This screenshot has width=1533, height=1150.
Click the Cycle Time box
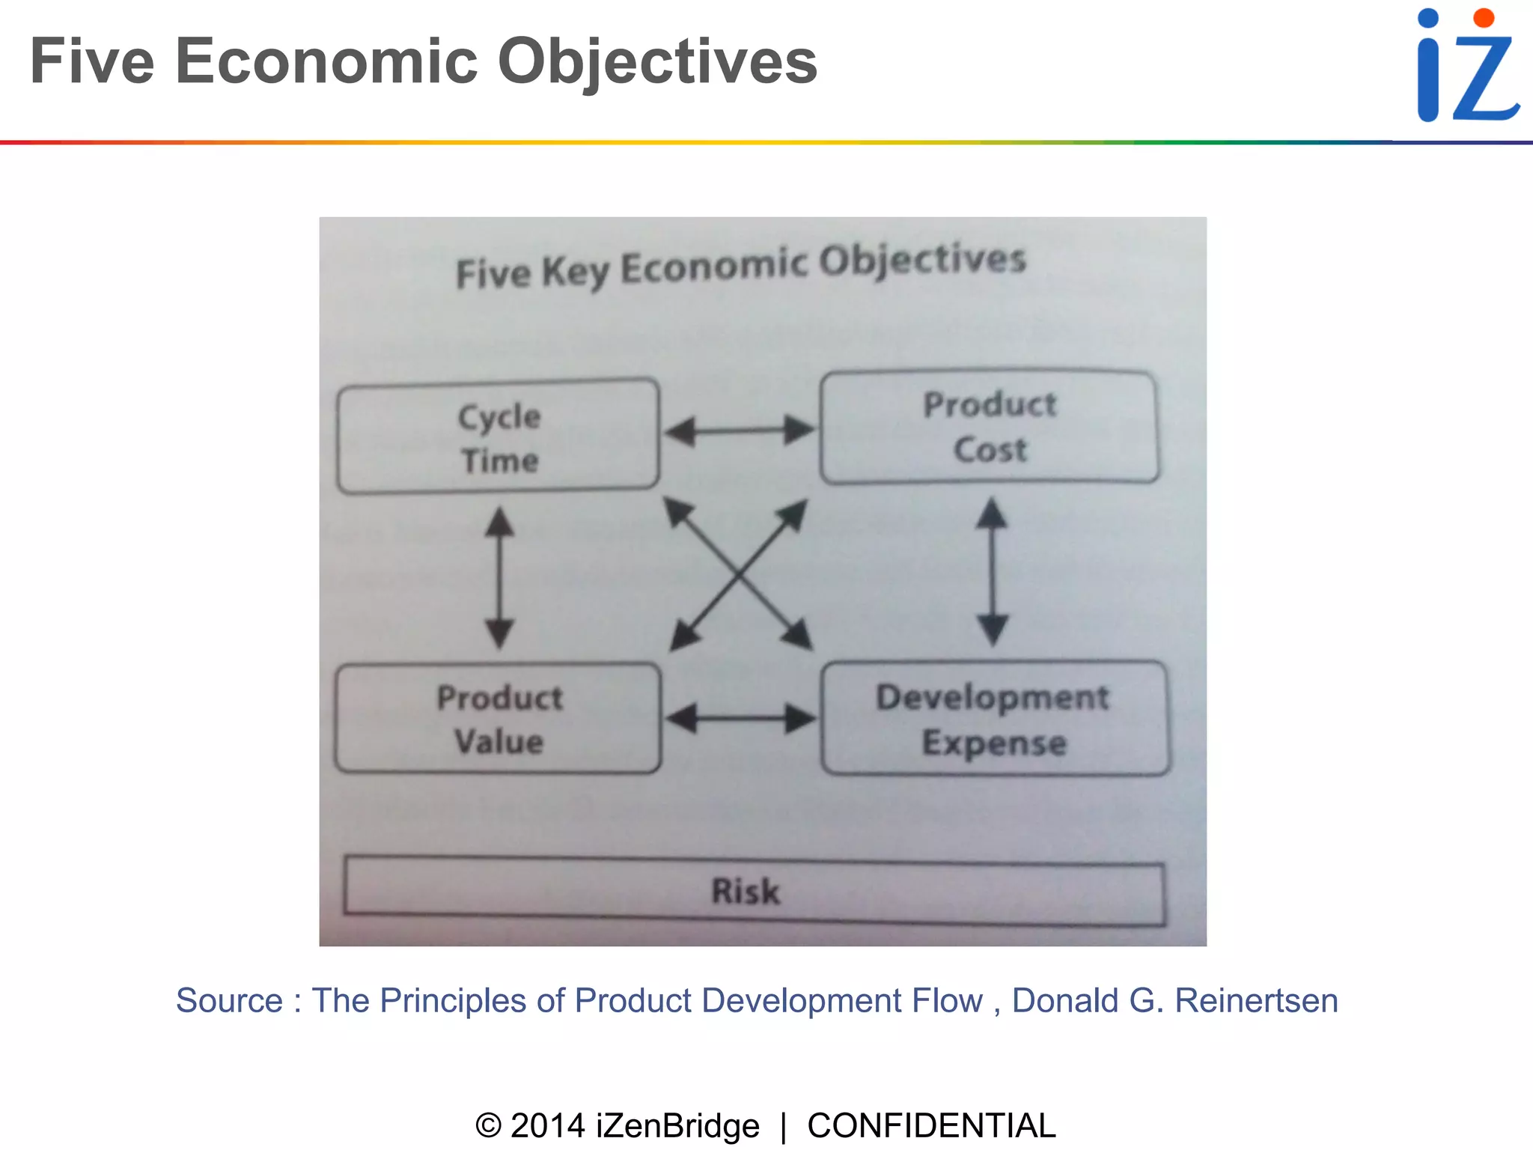click(x=499, y=436)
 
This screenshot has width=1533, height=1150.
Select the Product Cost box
click(x=989, y=427)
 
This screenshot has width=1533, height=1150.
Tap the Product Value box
click(x=499, y=719)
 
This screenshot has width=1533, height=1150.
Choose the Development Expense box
click(x=994, y=719)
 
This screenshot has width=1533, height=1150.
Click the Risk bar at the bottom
click(x=754, y=892)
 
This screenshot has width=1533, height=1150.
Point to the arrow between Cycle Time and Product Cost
click(x=740, y=431)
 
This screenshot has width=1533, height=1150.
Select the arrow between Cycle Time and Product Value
click(x=499, y=577)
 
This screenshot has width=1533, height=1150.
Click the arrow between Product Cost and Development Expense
click(x=993, y=572)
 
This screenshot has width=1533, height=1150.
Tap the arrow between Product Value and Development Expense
click(x=740, y=719)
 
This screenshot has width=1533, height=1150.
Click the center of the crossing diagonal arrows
click(x=740, y=574)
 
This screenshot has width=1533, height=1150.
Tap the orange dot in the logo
click(x=1483, y=18)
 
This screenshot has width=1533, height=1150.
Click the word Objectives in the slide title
click(x=657, y=61)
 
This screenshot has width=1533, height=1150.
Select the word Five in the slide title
click(x=92, y=61)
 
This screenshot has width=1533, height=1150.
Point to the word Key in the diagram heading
click(x=575, y=271)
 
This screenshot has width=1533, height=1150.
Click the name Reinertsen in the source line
click(x=1256, y=1001)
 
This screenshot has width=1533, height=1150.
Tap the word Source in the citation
click(x=229, y=1001)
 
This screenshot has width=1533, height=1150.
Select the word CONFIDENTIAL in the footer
click(x=931, y=1125)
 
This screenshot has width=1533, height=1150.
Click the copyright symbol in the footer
click(x=488, y=1125)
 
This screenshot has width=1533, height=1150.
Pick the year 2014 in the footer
click(x=547, y=1125)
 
